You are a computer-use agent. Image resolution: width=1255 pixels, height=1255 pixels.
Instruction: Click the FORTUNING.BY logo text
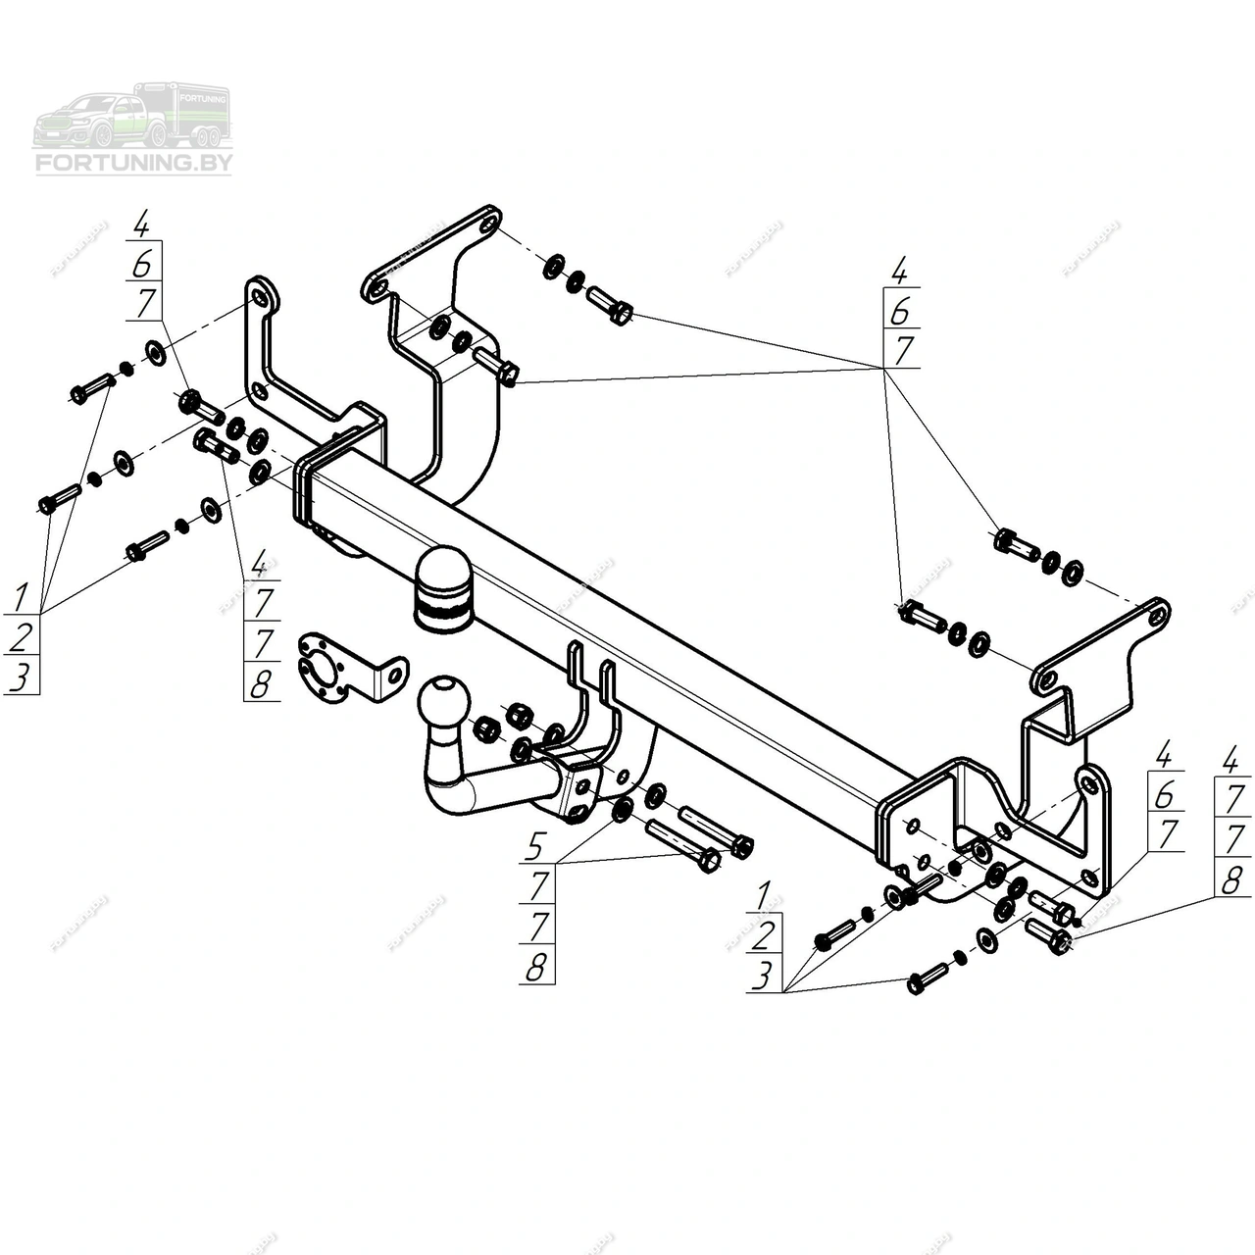click(133, 163)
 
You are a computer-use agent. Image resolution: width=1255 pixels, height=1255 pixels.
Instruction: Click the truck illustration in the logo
click(131, 116)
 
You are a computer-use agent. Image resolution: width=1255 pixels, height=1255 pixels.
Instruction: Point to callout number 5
click(535, 844)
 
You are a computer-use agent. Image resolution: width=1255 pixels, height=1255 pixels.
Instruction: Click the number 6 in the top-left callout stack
click(143, 264)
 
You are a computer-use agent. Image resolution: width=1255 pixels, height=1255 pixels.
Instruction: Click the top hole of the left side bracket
click(258, 297)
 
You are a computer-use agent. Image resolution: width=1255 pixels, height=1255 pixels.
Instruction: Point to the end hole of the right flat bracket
click(1156, 616)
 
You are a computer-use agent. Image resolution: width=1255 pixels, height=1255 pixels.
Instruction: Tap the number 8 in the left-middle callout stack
click(260, 683)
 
